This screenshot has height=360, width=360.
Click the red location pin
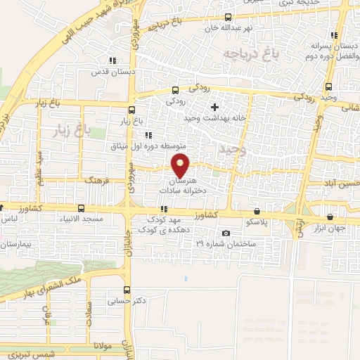pyautogui.click(x=181, y=165)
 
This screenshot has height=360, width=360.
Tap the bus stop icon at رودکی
pyautogui.click(x=175, y=90)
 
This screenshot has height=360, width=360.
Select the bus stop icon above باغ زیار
pyautogui.click(x=131, y=109)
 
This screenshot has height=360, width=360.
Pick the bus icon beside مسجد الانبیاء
pyautogui.click(x=82, y=209)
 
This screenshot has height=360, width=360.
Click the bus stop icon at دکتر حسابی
pyautogui.click(x=127, y=290)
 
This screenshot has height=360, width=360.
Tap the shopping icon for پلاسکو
pyautogui.click(x=257, y=211)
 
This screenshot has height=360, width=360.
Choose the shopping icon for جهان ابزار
pyautogui.click(x=330, y=217)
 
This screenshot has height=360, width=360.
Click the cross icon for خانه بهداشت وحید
pyautogui.click(x=214, y=107)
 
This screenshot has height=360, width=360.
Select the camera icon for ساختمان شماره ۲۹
pyautogui.click(x=225, y=233)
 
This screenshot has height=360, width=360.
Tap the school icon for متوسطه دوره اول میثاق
pyautogui.click(x=148, y=136)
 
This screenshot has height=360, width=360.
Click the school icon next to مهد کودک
pyautogui.click(x=163, y=209)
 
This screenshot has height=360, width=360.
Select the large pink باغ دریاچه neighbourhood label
pyautogui.click(x=247, y=53)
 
